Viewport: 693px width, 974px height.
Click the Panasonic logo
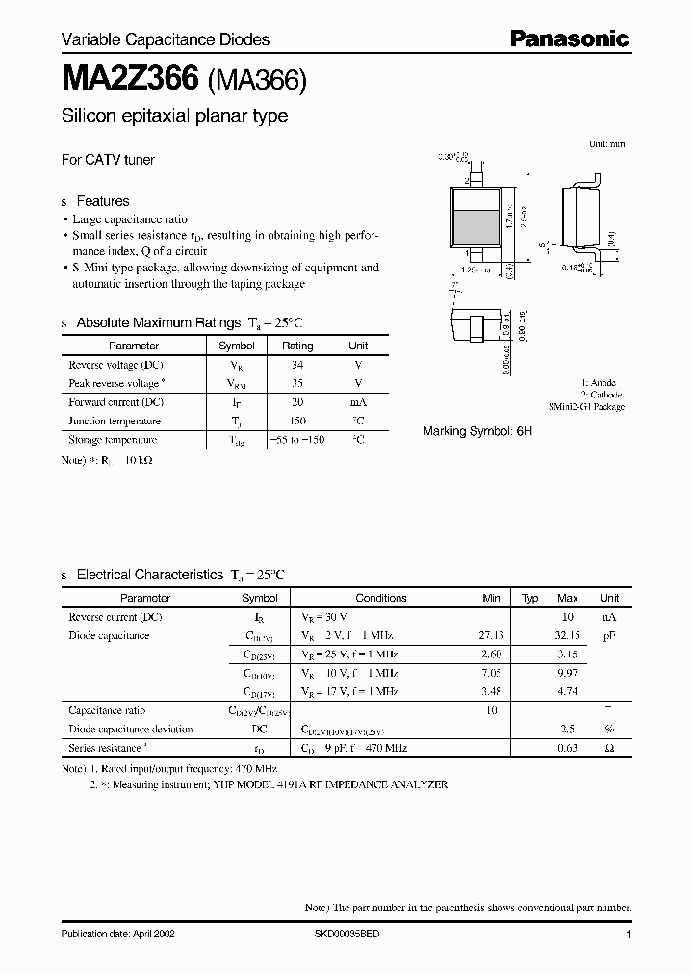coord(569,38)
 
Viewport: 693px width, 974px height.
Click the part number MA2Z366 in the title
coord(130,80)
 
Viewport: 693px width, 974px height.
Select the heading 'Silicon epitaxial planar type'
coord(174,116)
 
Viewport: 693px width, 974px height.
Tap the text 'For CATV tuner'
coord(108,160)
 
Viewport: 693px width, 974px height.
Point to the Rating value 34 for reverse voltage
coord(297,365)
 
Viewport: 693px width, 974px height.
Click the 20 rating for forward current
coord(297,402)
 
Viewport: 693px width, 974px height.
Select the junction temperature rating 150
coord(297,422)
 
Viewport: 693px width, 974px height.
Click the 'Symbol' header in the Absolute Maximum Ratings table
coord(237,346)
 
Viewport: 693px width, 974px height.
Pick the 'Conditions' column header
coord(381,598)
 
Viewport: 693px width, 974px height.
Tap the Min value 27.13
coord(491,636)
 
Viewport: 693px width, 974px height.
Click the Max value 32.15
coord(567,636)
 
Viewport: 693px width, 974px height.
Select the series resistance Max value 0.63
coord(568,748)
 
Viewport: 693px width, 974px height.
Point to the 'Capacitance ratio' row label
coord(107,710)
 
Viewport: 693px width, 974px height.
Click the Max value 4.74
coord(568,692)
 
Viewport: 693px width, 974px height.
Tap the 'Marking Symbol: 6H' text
coord(477,432)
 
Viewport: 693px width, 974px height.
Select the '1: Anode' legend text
coord(599,383)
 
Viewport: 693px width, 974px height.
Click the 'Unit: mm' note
coord(606,143)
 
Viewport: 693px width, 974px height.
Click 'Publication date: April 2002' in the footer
coord(118,935)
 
